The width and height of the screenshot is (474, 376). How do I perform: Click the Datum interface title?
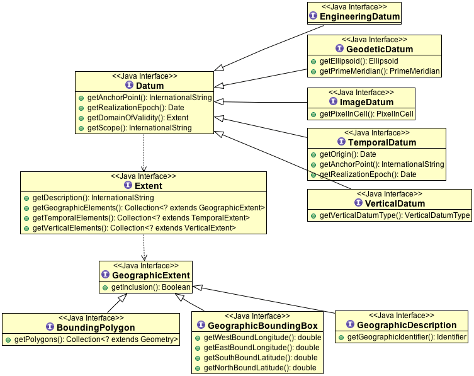click(150, 86)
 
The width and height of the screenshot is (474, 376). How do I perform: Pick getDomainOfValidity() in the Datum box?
click(138, 118)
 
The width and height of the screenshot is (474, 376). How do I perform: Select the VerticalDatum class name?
click(395, 203)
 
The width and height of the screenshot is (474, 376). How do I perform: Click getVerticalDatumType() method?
click(395, 215)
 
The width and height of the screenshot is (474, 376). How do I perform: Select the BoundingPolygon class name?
click(96, 328)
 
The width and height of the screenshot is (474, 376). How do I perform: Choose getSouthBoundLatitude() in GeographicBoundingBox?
click(261, 358)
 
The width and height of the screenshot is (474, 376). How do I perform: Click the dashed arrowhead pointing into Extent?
click(144, 168)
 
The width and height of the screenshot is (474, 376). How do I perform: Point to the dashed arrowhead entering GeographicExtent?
click(145, 256)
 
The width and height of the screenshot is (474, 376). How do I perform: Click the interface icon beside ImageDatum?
click(333, 101)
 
